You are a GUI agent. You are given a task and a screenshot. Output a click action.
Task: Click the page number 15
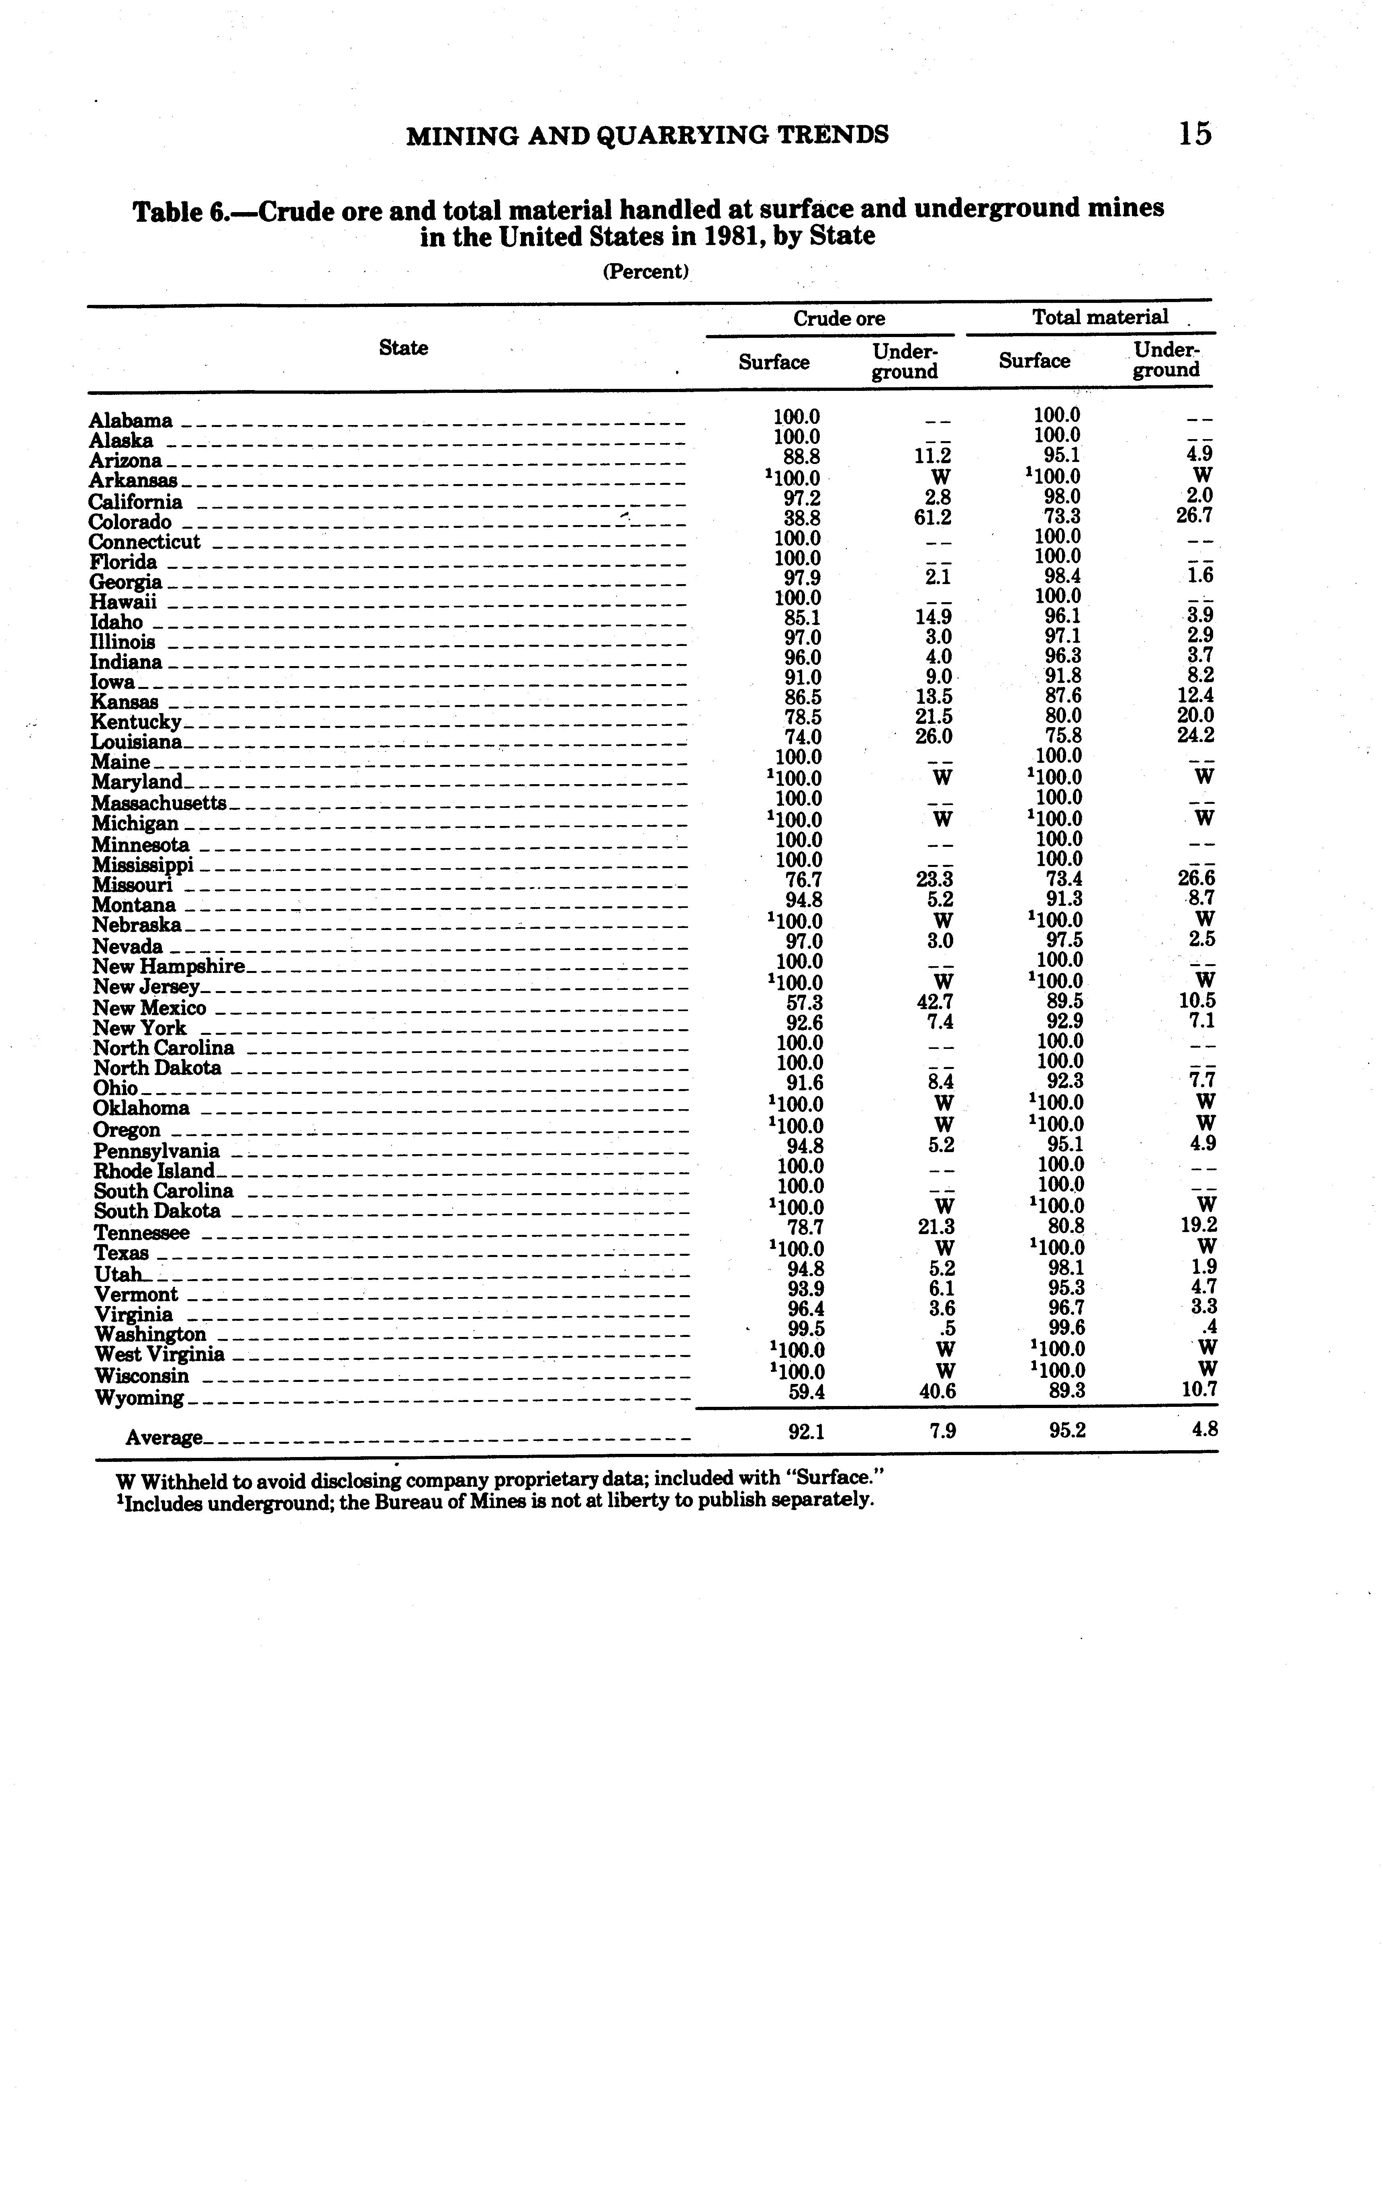click(x=1195, y=135)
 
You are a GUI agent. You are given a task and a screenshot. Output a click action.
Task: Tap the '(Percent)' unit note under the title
click(x=645, y=271)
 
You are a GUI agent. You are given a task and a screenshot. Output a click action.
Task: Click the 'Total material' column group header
click(x=1099, y=317)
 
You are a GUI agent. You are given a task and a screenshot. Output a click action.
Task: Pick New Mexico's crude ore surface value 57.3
click(x=804, y=1002)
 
